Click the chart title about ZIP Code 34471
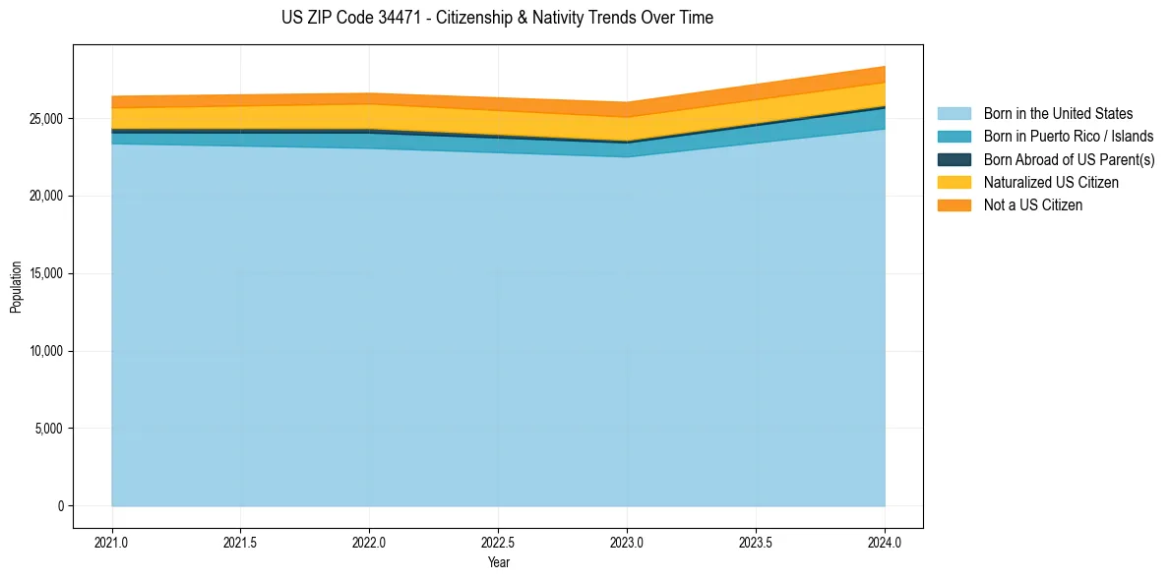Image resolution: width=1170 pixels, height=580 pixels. tap(497, 18)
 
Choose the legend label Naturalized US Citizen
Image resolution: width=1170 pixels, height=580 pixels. tap(1051, 183)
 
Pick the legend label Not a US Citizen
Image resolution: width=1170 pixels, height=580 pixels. tap(1033, 205)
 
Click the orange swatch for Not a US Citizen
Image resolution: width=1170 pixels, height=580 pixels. tap(954, 205)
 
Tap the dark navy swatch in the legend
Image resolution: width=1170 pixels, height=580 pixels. tap(954, 159)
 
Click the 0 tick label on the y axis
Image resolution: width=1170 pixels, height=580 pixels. tap(59, 506)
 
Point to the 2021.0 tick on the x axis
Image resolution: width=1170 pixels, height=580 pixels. tap(112, 542)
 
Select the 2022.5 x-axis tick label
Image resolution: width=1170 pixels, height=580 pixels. tap(498, 542)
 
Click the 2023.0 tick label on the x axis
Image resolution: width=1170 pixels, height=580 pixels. tap(627, 542)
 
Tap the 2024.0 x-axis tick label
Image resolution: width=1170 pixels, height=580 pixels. tap(885, 542)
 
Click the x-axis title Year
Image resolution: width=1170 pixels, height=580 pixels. tap(498, 562)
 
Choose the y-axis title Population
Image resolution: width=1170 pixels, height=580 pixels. tap(16, 287)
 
